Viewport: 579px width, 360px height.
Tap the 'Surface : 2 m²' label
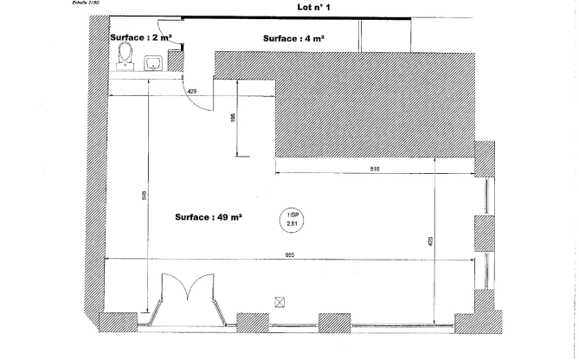[x=141, y=38]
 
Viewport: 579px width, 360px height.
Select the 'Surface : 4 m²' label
[x=293, y=38]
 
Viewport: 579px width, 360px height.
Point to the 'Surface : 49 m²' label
[x=208, y=216]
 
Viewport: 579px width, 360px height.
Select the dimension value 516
[x=375, y=169]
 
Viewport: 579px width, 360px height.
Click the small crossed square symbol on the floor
[x=279, y=301]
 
